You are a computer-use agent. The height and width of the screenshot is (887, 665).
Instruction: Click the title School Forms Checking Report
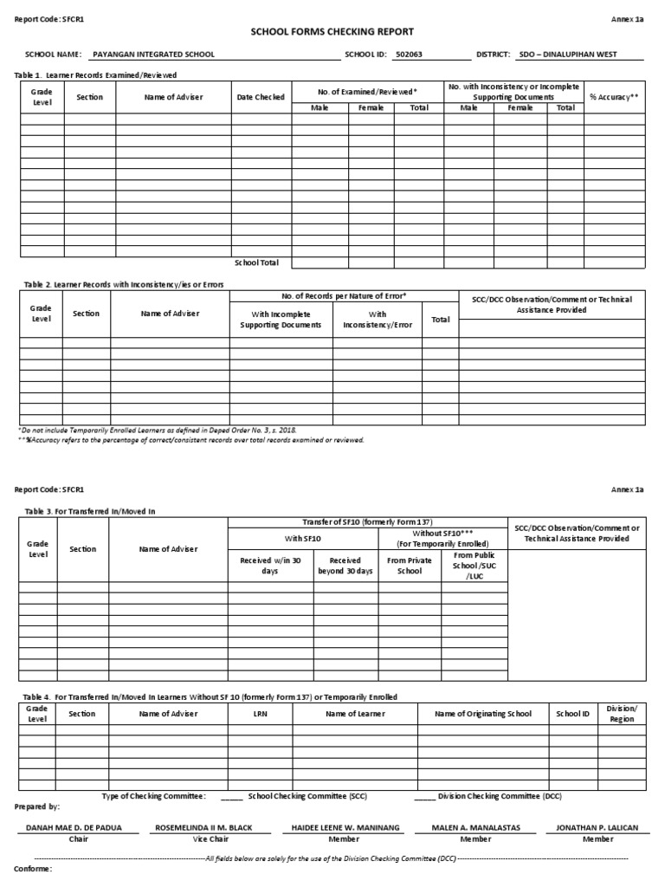click(332, 31)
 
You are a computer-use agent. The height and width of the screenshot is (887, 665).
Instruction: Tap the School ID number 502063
click(410, 54)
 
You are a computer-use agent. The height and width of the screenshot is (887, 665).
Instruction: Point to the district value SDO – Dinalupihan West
click(567, 54)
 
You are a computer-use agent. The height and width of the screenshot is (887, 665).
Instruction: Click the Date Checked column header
click(261, 97)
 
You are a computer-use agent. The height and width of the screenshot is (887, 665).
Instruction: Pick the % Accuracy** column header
click(614, 97)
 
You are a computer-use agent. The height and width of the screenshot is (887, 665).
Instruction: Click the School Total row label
click(257, 262)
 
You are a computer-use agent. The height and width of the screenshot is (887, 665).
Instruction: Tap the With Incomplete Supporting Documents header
click(281, 320)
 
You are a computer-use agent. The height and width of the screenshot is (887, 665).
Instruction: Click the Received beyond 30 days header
click(345, 566)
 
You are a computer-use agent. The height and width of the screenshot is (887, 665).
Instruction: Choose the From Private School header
click(410, 566)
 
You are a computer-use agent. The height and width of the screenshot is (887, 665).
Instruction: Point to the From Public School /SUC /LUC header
click(475, 565)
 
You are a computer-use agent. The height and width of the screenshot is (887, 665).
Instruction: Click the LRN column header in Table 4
click(261, 714)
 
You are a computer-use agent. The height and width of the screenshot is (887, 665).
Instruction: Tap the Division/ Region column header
click(622, 714)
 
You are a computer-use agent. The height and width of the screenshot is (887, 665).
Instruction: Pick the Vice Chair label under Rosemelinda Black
click(203, 839)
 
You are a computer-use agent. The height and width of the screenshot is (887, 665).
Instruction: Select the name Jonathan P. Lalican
click(597, 828)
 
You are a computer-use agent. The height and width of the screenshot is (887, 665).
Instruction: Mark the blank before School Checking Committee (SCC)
click(231, 795)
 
